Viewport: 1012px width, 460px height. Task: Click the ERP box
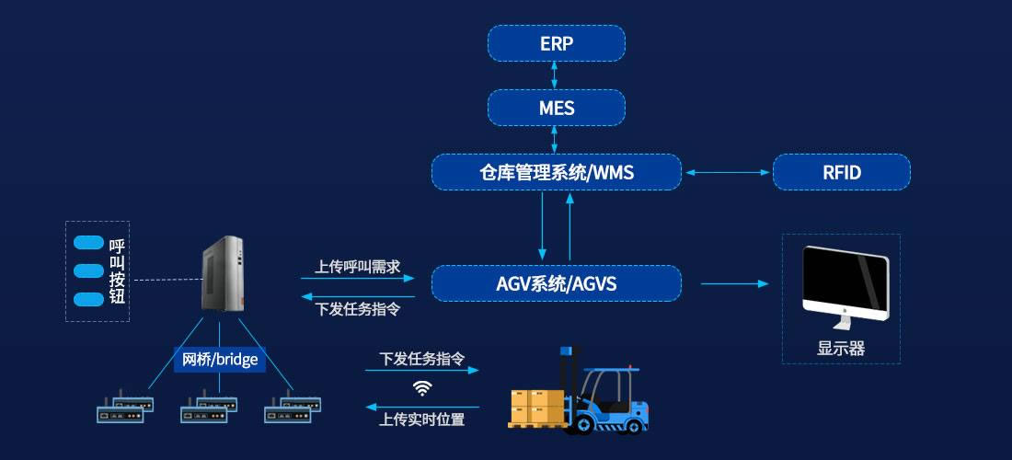[x=556, y=43]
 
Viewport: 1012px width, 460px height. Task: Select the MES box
[x=556, y=108]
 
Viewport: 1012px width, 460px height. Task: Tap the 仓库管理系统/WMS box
[x=557, y=172]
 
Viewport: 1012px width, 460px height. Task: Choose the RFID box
[x=841, y=172]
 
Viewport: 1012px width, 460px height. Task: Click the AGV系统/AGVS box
[x=556, y=283]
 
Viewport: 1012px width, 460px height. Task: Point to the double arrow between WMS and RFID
[x=727, y=172]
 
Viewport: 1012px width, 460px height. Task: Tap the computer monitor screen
[x=845, y=281]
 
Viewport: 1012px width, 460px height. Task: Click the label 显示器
[x=841, y=349]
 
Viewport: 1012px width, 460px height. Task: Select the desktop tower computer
[x=223, y=273]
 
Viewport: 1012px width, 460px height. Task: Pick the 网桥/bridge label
[x=220, y=359]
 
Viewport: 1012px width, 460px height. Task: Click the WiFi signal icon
[x=422, y=387]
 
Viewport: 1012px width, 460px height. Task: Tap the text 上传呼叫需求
[x=358, y=267]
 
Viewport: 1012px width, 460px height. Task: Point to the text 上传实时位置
[x=422, y=420]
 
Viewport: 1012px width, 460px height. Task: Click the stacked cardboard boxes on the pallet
[x=537, y=405]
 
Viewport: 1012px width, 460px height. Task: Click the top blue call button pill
[x=88, y=243]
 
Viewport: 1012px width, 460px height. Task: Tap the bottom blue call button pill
[x=88, y=299]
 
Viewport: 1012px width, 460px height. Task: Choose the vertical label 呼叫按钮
[x=117, y=271]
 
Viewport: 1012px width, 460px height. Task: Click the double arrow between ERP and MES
[x=556, y=75]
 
